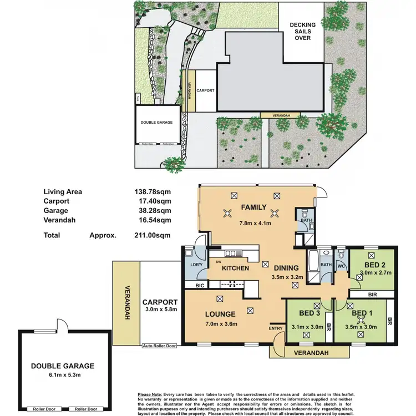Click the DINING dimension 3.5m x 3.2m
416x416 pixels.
point(289,276)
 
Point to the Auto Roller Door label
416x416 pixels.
point(159,346)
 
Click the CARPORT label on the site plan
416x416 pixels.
point(205,90)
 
